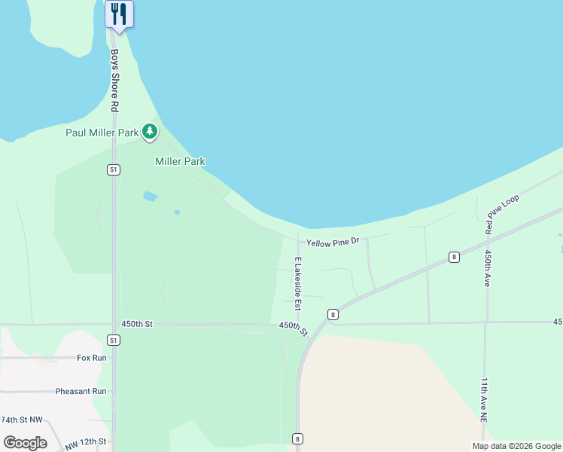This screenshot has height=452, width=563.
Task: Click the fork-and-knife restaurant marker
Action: click(119, 14)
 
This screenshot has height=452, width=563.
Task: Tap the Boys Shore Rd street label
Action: click(114, 81)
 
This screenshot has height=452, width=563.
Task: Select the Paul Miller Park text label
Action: click(102, 133)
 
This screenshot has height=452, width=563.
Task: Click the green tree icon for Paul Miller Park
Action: click(151, 133)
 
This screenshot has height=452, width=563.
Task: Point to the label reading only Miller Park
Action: click(180, 161)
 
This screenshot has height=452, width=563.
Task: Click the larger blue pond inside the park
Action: click(150, 197)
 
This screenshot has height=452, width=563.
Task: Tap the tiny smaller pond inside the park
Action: click(177, 212)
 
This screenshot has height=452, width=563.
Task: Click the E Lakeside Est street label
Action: click(298, 284)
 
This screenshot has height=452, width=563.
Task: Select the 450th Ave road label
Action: click(488, 268)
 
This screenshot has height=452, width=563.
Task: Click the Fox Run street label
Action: click(92, 358)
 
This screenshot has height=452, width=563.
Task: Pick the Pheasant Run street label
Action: click(81, 392)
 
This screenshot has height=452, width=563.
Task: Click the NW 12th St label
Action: click(86, 441)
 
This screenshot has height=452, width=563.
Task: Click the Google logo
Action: click(25, 443)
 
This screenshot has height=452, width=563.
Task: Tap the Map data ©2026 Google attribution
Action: click(516, 446)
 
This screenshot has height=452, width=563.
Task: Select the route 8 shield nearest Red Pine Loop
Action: click(454, 257)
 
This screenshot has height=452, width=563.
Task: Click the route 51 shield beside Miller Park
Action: click(113, 170)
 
